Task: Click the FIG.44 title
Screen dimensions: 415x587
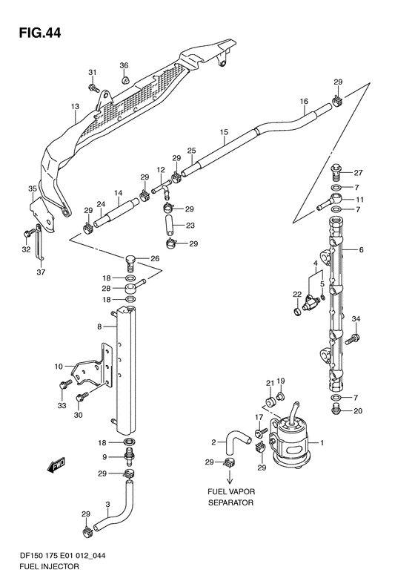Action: [39, 33]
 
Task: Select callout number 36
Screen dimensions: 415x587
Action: [124, 65]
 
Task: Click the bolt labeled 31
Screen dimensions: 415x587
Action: [93, 88]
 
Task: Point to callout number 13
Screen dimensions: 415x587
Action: [75, 107]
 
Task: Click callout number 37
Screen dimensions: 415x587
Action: [41, 272]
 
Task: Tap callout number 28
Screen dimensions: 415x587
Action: [107, 288]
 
